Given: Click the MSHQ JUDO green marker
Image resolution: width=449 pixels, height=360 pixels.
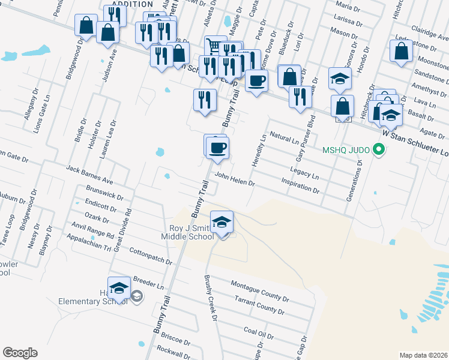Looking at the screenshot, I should point(378,149).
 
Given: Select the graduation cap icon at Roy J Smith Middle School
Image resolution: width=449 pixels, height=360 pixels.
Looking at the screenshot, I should point(222,221).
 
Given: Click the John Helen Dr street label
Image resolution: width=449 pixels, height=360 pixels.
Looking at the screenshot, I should point(235,180).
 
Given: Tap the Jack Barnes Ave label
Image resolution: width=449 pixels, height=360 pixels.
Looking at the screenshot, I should point(90,175).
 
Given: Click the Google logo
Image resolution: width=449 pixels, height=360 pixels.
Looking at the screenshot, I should point(20,353).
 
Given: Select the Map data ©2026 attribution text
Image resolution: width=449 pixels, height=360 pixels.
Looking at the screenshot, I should point(423,355).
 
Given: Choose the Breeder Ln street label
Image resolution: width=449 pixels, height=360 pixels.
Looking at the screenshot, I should point(148,282).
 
